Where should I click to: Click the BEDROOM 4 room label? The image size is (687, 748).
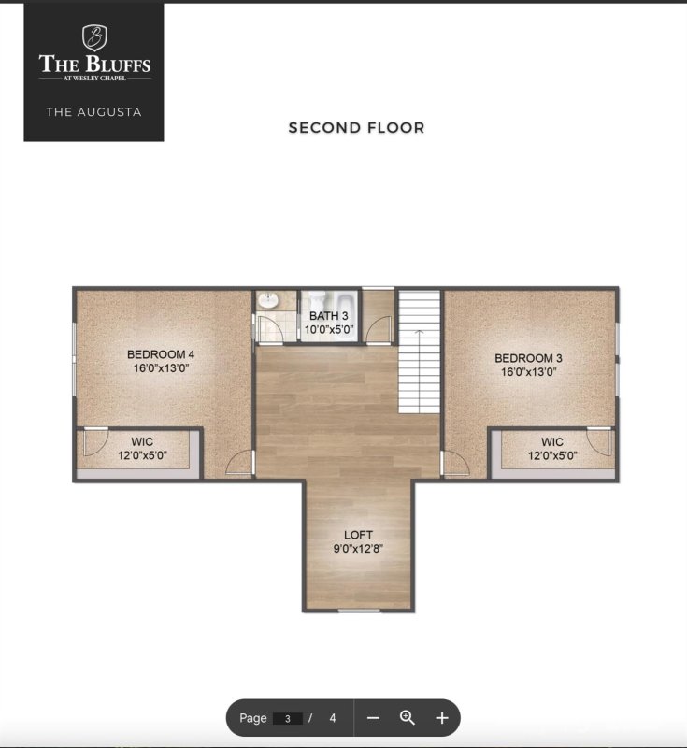tap(161, 354)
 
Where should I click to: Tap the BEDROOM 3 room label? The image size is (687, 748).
tap(528, 358)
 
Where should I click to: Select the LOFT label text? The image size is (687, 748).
tap(358, 535)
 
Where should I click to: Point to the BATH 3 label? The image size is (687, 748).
tap(329, 316)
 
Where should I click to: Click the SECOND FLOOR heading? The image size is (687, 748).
tap(356, 128)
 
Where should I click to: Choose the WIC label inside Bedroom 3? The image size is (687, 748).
tap(551, 442)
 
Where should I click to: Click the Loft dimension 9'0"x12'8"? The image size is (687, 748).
tap(358, 549)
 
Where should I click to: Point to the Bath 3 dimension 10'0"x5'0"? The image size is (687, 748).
tap(329, 329)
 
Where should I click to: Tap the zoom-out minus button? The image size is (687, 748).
tap(373, 718)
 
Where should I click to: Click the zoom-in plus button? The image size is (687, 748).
tap(442, 718)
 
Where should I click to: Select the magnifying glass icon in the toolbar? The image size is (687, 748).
tap(408, 718)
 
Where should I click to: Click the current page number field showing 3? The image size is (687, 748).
tap(287, 718)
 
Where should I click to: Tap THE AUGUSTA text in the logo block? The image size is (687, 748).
tap(94, 112)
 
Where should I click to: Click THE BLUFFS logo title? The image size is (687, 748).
tap(94, 65)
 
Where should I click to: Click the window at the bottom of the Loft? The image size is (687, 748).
tap(358, 611)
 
